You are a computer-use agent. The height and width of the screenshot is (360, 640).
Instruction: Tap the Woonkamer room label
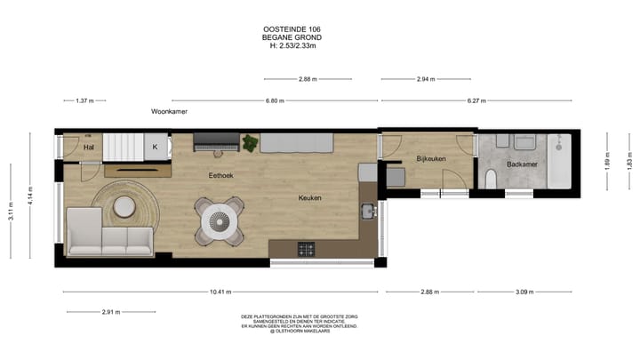click(x=169, y=114)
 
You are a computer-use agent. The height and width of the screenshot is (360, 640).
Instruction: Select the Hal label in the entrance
click(x=89, y=147)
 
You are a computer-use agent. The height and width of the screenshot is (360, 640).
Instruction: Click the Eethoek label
click(x=220, y=175)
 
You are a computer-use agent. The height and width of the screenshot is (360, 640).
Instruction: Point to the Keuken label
click(x=309, y=197)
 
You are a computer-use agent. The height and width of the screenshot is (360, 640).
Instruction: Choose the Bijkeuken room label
click(x=430, y=158)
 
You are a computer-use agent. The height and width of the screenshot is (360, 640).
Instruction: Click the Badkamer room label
click(x=521, y=164)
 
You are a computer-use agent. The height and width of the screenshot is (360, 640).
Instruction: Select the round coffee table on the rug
click(x=124, y=206)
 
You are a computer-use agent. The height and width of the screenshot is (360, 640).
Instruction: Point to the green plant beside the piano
click(x=251, y=143)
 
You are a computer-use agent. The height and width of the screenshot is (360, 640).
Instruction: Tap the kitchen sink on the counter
click(x=367, y=212)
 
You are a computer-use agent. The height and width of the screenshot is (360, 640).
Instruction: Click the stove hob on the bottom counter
click(x=307, y=248)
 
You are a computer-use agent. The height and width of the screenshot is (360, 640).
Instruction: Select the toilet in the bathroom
click(x=489, y=176)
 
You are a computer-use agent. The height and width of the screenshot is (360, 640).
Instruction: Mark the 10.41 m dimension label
click(x=223, y=292)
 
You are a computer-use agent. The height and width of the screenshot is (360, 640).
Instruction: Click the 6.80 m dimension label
click(x=275, y=101)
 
